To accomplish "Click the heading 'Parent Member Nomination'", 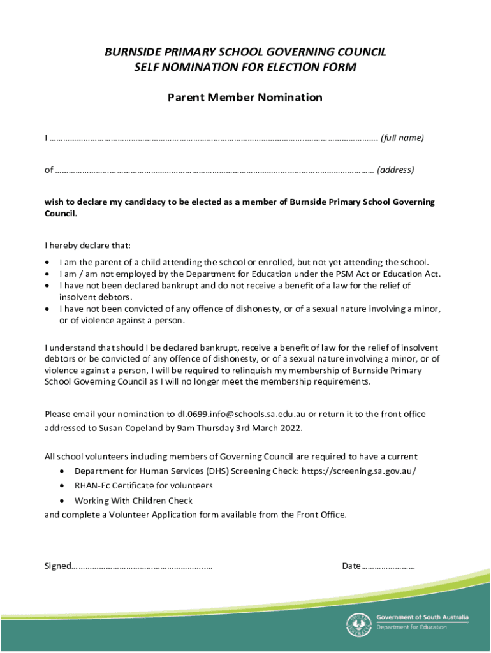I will (x=245, y=98).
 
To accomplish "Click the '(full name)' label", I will (x=402, y=138).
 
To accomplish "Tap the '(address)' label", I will (x=395, y=170).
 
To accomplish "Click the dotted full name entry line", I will (x=214, y=138).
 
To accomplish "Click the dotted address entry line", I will (x=214, y=170).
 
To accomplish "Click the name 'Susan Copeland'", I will (x=125, y=429).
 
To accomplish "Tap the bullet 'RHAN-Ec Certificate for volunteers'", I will (x=143, y=486).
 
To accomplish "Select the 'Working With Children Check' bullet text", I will (x=133, y=501).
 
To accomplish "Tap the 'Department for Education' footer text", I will (x=412, y=627).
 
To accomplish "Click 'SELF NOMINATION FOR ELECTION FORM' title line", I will (x=245, y=68).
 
